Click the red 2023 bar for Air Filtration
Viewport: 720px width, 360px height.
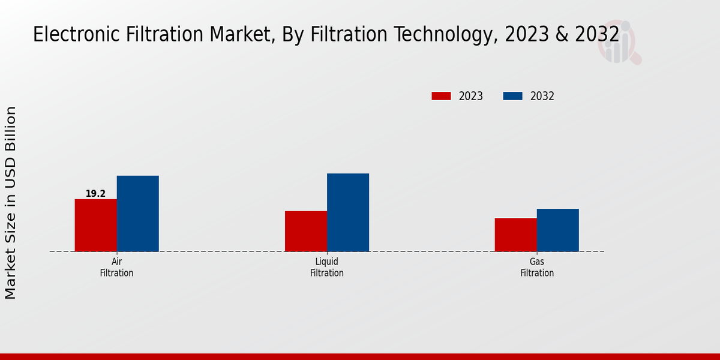tap(95, 225)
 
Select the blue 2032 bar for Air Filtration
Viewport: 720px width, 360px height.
tap(137, 214)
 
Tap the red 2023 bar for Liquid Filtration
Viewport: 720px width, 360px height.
tap(305, 231)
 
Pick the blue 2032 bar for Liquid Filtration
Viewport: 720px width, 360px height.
tap(347, 212)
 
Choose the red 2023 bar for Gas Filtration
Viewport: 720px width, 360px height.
tap(515, 235)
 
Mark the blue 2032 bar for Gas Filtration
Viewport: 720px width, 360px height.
tap(557, 230)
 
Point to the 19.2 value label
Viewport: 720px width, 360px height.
tap(95, 194)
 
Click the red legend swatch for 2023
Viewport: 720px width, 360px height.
tap(441, 96)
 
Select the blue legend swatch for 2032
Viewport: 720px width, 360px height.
tap(512, 96)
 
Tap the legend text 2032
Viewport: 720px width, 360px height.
tap(542, 96)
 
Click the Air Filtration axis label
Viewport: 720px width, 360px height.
tap(116, 268)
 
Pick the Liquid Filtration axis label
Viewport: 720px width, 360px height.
tap(326, 268)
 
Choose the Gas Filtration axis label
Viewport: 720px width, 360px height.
tap(536, 268)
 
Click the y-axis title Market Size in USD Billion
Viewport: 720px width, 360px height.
tap(11, 203)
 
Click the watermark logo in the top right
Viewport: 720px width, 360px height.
tap(619, 43)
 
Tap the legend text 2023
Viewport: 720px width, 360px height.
tap(470, 96)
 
